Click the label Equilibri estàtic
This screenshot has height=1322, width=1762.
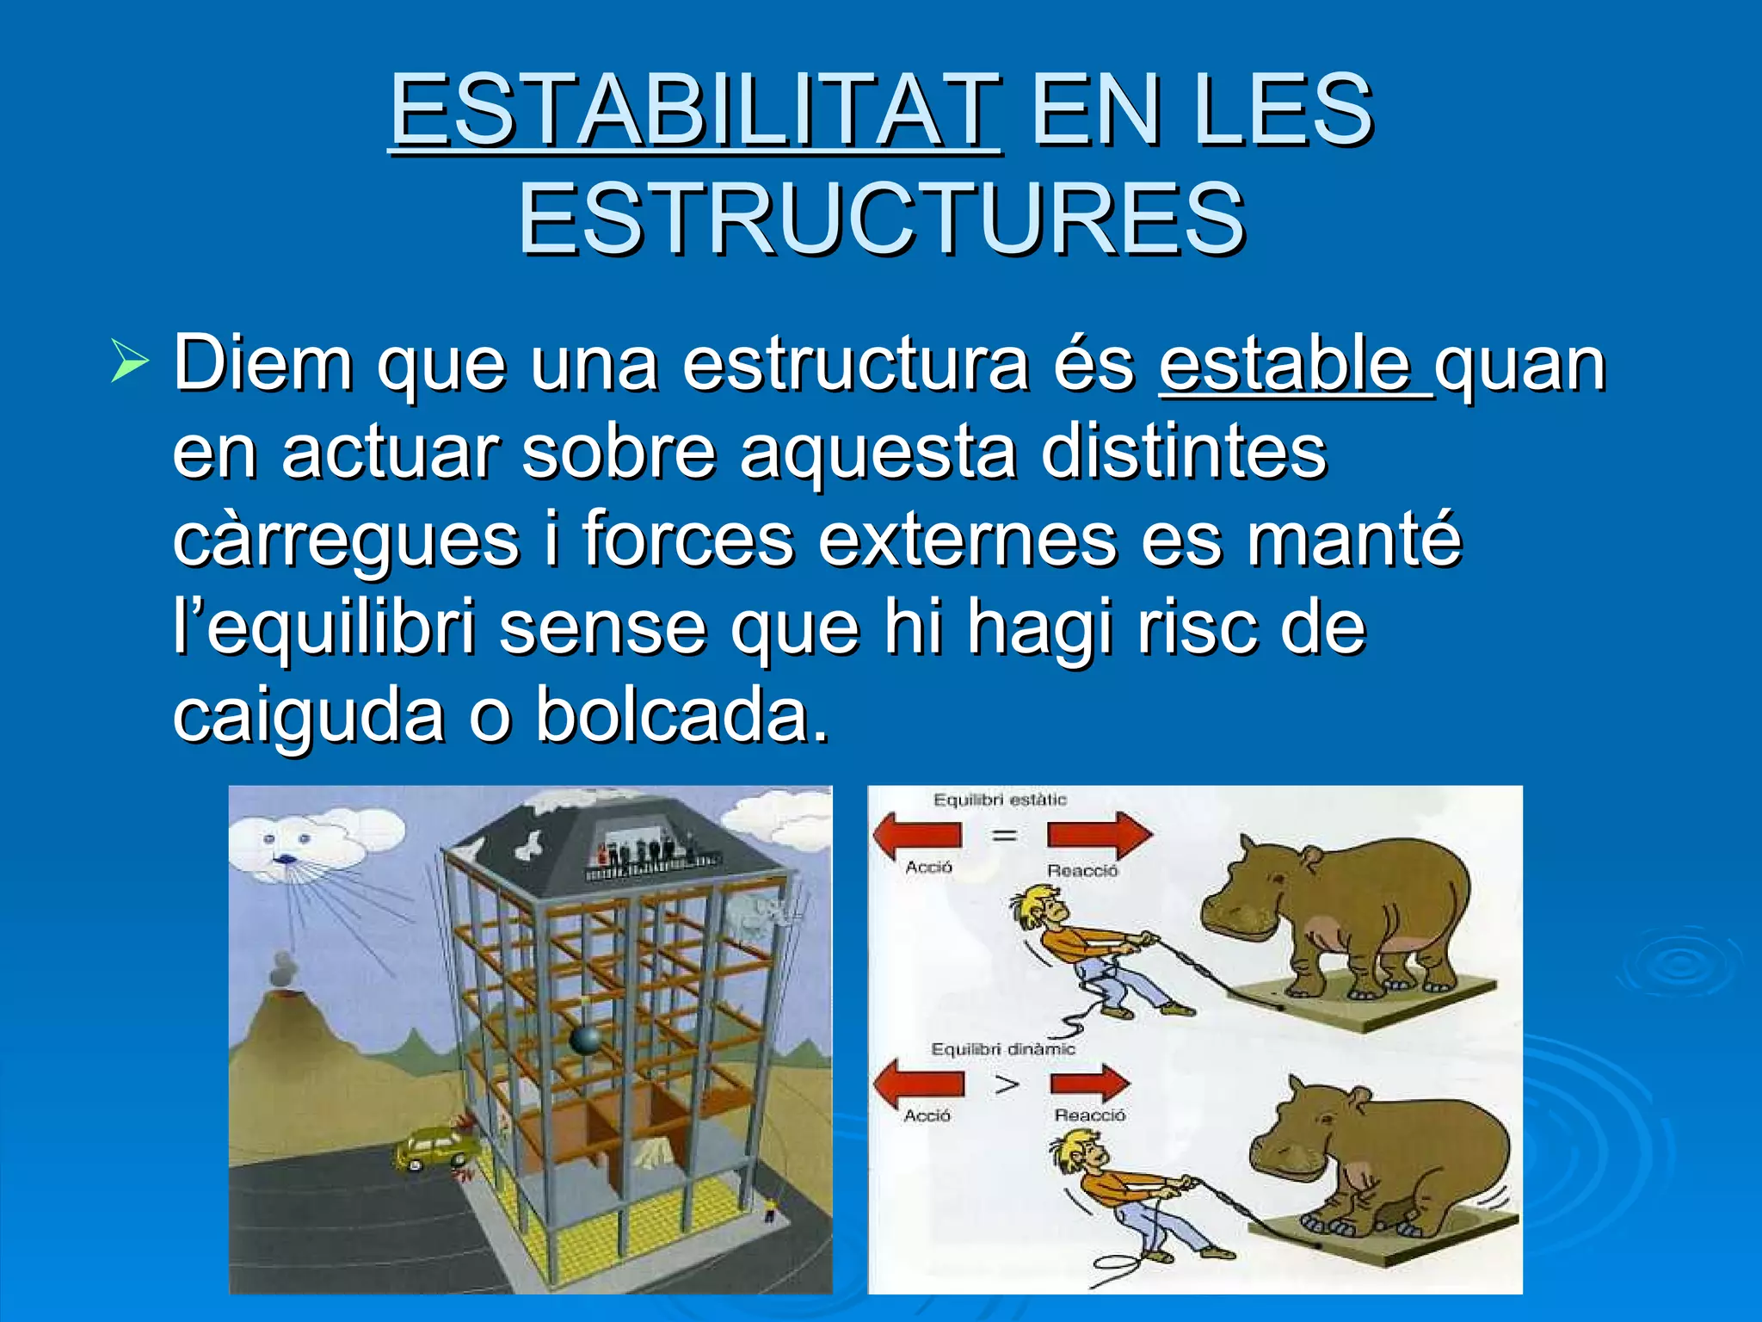coord(1000,800)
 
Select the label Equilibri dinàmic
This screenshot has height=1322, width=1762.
coord(1003,1049)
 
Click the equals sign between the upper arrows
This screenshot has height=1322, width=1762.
coord(1003,835)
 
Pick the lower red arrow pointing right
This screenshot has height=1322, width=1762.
coord(1091,1084)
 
